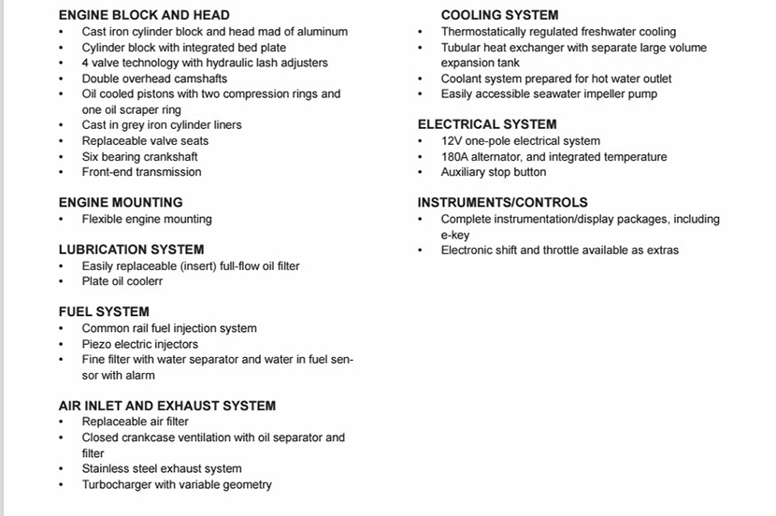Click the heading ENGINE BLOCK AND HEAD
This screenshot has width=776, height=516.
click(x=143, y=15)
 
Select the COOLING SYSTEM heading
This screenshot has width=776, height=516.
click(x=499, y=15)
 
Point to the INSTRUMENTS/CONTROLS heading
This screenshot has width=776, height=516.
click(x=502, y=202)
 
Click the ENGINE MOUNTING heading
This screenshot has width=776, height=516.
click(x=121, y=202)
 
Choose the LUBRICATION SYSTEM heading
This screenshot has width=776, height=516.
click(x=131, y=250)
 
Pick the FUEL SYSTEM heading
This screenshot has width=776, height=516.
click(x=104, y=311)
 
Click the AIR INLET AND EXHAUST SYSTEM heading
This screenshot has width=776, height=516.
click(x=166, y=406)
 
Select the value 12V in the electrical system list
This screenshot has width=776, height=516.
click(x=452, y=141)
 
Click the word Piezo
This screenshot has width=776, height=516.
click(x=97, y=344)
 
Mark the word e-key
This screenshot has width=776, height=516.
click(x=455, y=235)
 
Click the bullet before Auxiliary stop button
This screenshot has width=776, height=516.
click(x=420, y=172)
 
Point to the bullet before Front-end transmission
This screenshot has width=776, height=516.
click(x=61, y=172)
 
